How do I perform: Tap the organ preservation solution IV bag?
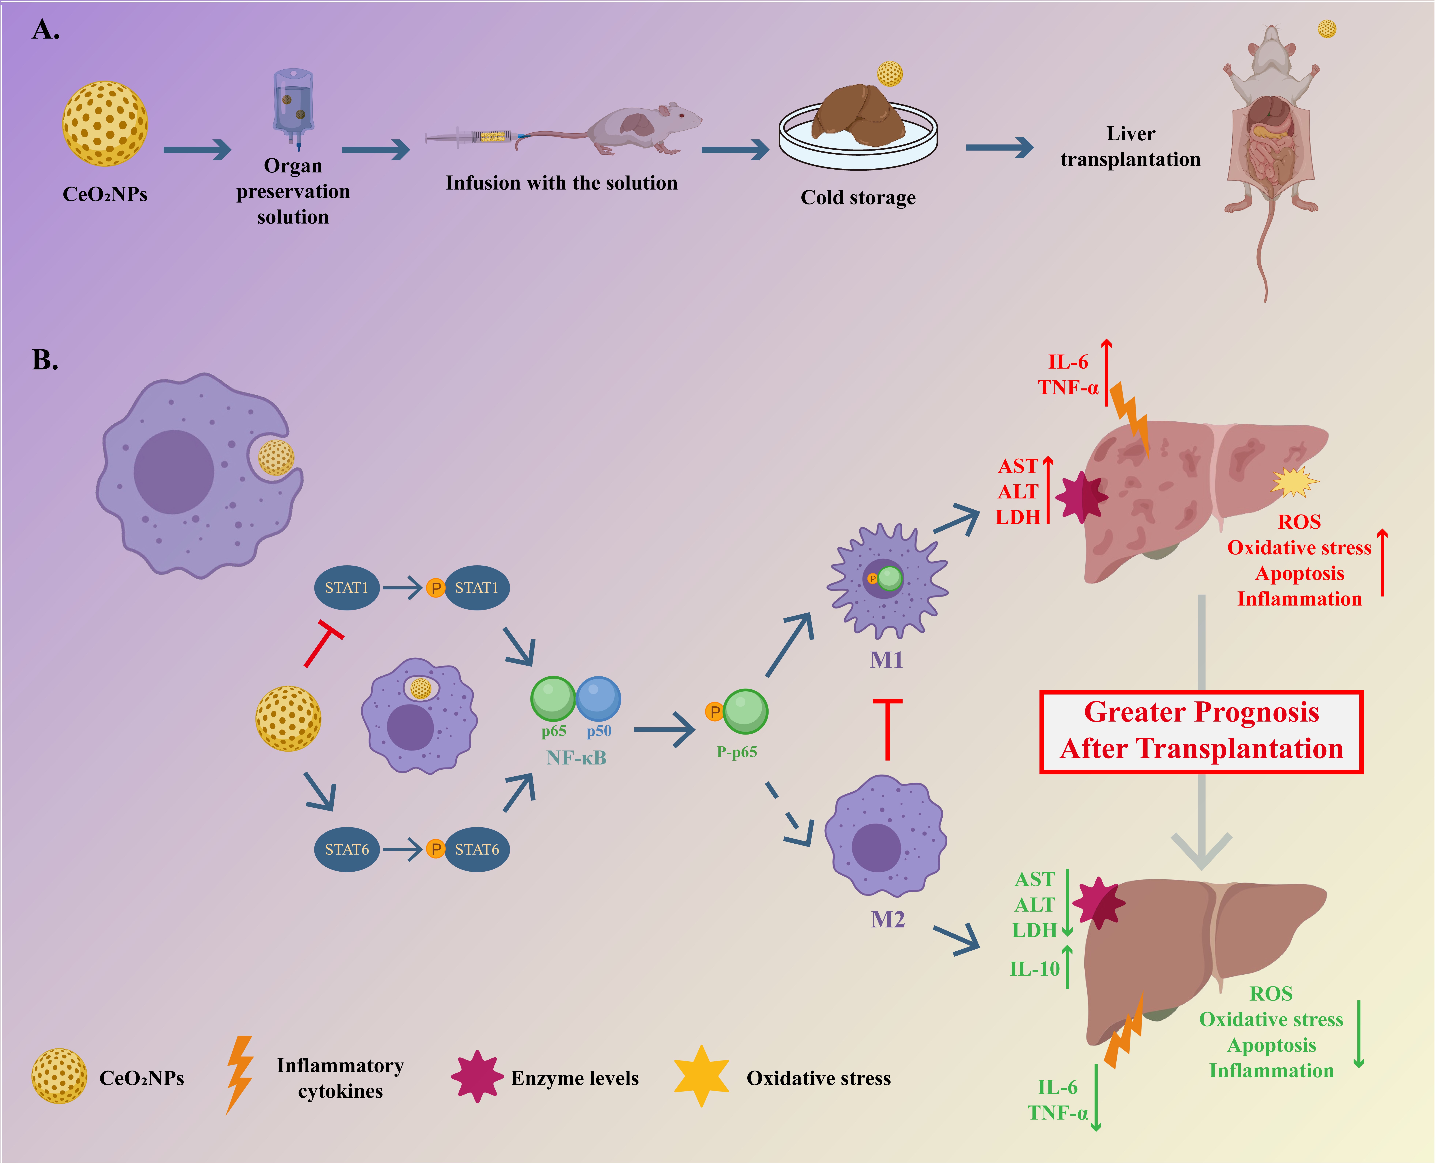click(293, 104)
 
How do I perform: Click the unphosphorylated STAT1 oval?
click(346, 588)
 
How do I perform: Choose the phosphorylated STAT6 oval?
click(477, 850)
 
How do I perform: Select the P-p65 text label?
click(736, 752)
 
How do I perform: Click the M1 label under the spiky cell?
click(886, 660)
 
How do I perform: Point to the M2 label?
click(888, 919)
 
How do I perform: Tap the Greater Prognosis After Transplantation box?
click(1201, 731)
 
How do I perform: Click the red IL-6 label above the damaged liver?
click(1068, 362)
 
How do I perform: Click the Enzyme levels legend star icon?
click(477, 1077)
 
